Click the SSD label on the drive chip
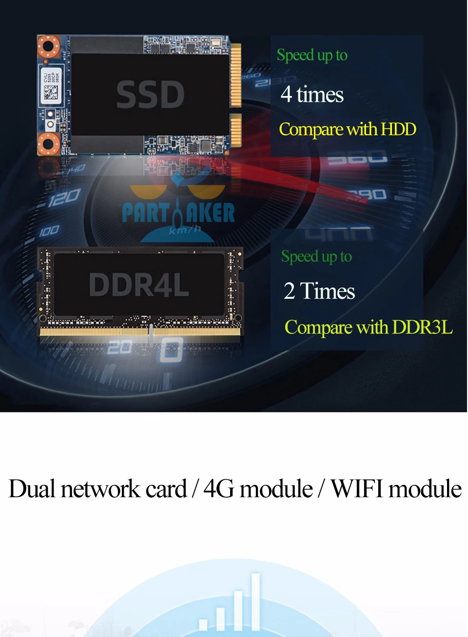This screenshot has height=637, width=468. (150, 95)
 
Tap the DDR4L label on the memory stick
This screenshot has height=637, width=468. (139, 285)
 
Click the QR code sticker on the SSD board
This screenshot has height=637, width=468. (51, 91)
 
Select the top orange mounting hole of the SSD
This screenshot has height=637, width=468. (48, 47)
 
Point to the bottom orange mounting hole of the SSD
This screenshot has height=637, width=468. (48, 143)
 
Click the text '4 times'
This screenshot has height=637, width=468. (312, 95)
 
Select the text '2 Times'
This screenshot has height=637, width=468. (319, 291)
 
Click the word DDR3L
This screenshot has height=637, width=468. (422, 328)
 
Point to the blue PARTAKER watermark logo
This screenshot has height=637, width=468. (178, 212)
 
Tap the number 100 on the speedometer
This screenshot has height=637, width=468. (49, 230)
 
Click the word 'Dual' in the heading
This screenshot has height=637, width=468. (32, 489)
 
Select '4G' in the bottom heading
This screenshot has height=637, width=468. (217, 489)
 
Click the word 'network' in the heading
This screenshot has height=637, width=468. (100, 489)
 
